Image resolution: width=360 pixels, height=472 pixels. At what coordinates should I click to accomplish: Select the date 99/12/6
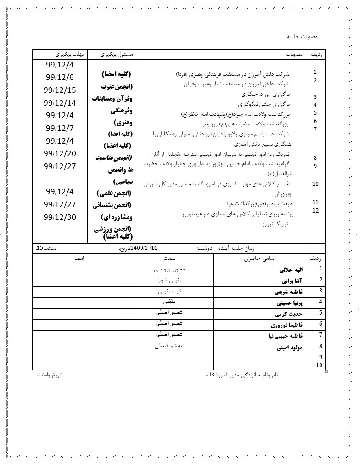click(x=60, y=77)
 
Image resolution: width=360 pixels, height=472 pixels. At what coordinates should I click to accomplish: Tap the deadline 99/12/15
click(x=60, y=90)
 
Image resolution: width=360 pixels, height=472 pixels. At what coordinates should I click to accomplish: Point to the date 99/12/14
click(x=60, y=103)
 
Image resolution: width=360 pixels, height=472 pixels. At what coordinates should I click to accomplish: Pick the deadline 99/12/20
click(x=60, y=153)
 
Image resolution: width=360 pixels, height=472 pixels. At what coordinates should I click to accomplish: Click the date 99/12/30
click(x=60, y=217)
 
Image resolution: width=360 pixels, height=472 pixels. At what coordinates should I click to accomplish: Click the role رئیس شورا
click(x=169, y=280)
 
